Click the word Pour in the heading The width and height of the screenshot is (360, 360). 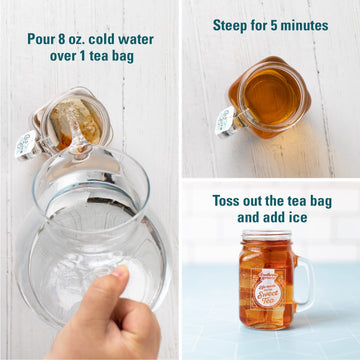pos(42,39)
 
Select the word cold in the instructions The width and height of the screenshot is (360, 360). pos(111,39)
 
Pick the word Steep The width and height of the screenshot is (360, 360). pos(233,25)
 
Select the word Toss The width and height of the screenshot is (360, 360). pos(228,199)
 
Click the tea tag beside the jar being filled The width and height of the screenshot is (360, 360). pos(24,148)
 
